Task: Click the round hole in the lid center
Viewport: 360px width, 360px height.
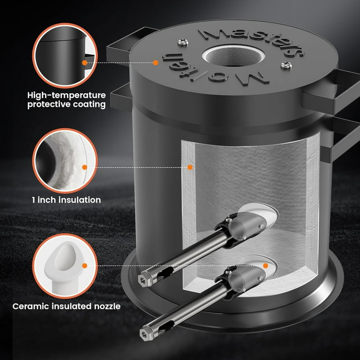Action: [x=234, y=56]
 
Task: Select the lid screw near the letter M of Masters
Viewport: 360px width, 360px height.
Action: [x=183, y=42]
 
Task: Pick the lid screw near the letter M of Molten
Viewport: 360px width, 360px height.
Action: [x=286, y=66]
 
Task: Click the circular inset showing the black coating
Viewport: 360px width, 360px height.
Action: [x=65, y=56]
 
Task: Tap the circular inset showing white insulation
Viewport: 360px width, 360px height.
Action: [x=65, y=161]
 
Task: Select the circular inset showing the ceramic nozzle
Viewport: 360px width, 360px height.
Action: [x=65, y=266]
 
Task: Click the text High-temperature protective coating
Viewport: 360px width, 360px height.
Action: [x=67, y=100]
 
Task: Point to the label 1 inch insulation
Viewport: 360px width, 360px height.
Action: [x=67, y=200]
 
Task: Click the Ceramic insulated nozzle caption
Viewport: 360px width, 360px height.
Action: [x=67, y=306]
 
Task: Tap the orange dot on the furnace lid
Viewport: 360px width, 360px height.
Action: [x=156, y=62]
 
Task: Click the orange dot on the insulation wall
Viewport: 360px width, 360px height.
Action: [x=190, y=167]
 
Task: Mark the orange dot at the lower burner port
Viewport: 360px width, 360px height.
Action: [x=266, y=266]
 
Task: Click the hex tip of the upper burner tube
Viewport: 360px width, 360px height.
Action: [x=142, y=280]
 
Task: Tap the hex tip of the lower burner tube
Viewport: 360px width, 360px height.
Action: [x=144, y=334]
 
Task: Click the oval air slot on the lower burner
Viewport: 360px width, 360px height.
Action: [x=167, y=326]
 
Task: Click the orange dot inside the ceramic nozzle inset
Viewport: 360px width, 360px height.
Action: [x=85, y=266]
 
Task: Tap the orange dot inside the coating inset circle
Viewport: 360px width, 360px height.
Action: [x=85, y=62]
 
